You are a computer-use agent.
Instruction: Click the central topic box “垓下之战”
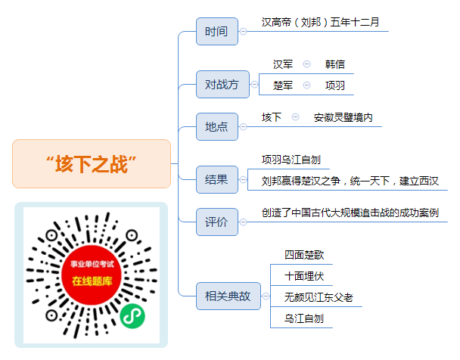(92, 163)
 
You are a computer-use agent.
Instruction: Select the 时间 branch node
(217, 31)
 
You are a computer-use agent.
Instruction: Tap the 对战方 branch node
(222, 85)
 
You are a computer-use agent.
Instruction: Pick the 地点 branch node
(217, 126)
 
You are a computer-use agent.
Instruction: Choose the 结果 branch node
(217, 180)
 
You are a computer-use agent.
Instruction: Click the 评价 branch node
(217, 222)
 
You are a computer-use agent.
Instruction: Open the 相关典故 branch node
(228, 296)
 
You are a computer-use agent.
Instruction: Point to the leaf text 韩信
(334, 64)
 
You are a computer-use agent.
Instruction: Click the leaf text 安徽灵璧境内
(343, 117)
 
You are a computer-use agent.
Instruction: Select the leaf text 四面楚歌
(304, 255)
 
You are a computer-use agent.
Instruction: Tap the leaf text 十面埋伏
(304, 276)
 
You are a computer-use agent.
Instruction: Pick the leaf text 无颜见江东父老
(319, 297)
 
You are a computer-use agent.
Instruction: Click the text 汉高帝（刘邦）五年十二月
(320, 22)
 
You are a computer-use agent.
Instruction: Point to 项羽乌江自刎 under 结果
(291, 160)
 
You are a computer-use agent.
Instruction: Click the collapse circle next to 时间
(243, 31)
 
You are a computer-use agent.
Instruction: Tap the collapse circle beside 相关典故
(266, 296)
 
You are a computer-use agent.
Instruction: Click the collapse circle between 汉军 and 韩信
(307, 64)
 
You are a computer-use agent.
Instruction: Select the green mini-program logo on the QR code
(132, 316)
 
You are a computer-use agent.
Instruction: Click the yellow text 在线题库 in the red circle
(92, 281)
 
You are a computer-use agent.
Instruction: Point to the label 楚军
(283, 85)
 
